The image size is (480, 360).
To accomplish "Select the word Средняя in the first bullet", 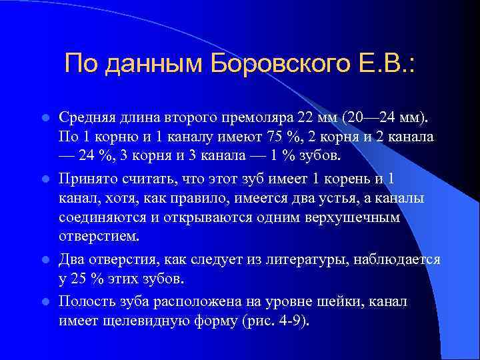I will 85,118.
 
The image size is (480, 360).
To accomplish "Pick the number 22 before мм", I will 304,118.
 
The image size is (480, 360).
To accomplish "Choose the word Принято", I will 87,179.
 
